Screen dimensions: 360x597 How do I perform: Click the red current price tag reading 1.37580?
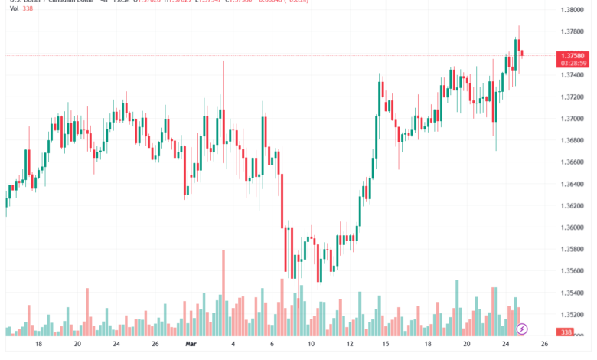(x=573, y=56)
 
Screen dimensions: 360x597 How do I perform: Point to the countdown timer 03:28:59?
(x=573, y=64)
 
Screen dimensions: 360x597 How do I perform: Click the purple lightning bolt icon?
(x=522, y=329)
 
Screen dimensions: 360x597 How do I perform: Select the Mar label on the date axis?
(x=192, y=345)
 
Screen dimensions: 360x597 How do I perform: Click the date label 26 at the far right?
(x=545, y=345)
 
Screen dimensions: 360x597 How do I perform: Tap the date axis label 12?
(x=349, y=345)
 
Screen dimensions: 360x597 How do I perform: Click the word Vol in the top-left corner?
(x=15, y=8)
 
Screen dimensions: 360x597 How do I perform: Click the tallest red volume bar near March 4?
(x=223, y=291)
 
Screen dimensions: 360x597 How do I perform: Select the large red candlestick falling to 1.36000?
(x=282, y=199)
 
